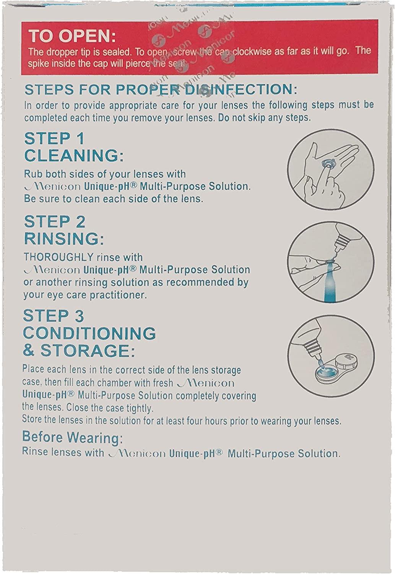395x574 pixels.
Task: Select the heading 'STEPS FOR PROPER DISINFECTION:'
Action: [161, 90]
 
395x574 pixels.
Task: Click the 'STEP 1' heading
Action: [54, 139]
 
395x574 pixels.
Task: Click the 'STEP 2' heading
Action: [55, 222]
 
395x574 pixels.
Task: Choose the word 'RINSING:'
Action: [64, 239]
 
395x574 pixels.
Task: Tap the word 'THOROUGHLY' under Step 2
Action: [59, 257]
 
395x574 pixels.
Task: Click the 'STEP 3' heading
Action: [54, 316]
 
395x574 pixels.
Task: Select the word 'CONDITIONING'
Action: [89, 333]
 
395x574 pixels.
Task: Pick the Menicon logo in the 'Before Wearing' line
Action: [137, 453]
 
